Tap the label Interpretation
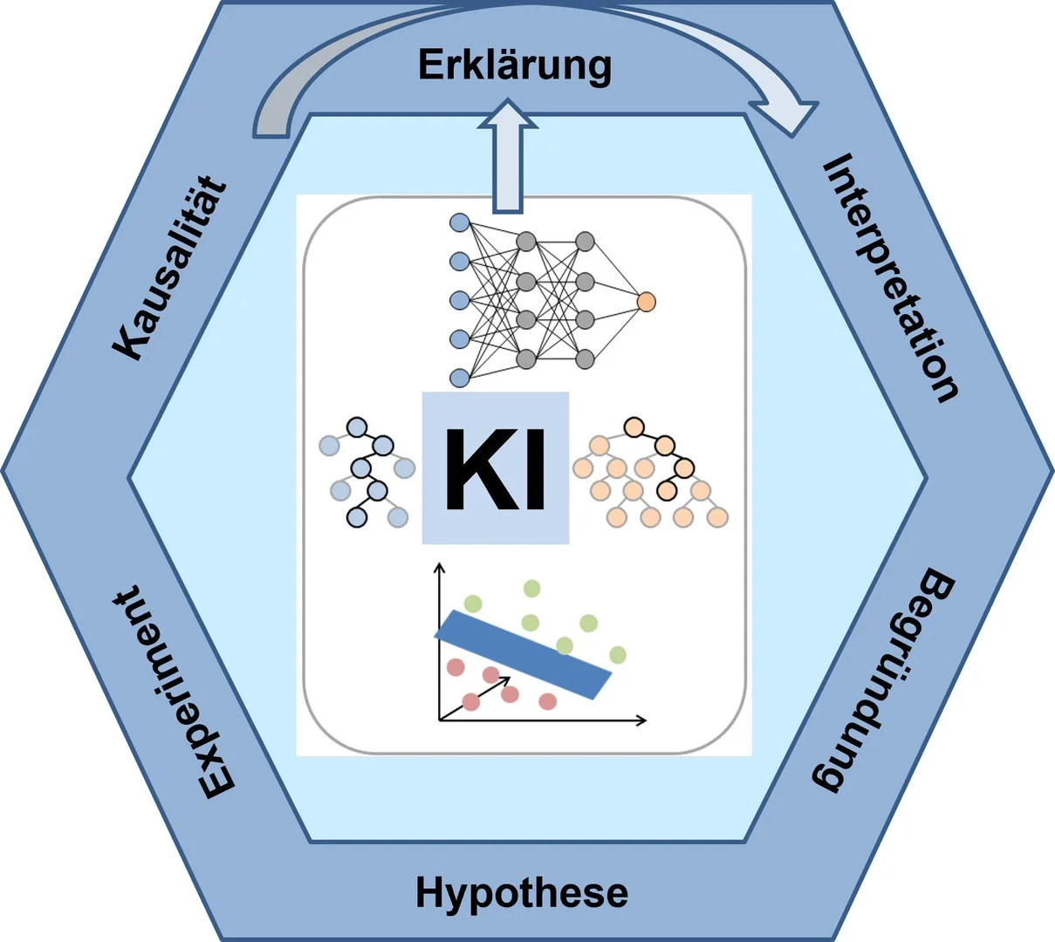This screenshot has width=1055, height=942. [x=890, y=277]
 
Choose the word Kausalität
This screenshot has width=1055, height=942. [x=170, y=270]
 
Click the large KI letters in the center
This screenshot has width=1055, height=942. [x=496, y=469]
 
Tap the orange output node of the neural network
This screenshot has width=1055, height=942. [x=646, y=302]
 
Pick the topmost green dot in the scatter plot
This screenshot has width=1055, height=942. [x=531, y=589]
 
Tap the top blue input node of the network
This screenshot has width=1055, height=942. [x=459, y=223]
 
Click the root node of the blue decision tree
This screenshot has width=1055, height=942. [x=356, y=427]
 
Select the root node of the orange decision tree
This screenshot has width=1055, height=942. [x=634, y=427]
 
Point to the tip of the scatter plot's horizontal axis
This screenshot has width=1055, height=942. [x=644, y=720]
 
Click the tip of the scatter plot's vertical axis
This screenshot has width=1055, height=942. [x=440, y=566]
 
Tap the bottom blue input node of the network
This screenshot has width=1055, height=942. [x=459, y=377]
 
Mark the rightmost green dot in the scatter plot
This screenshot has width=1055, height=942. [x=618, y=654]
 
